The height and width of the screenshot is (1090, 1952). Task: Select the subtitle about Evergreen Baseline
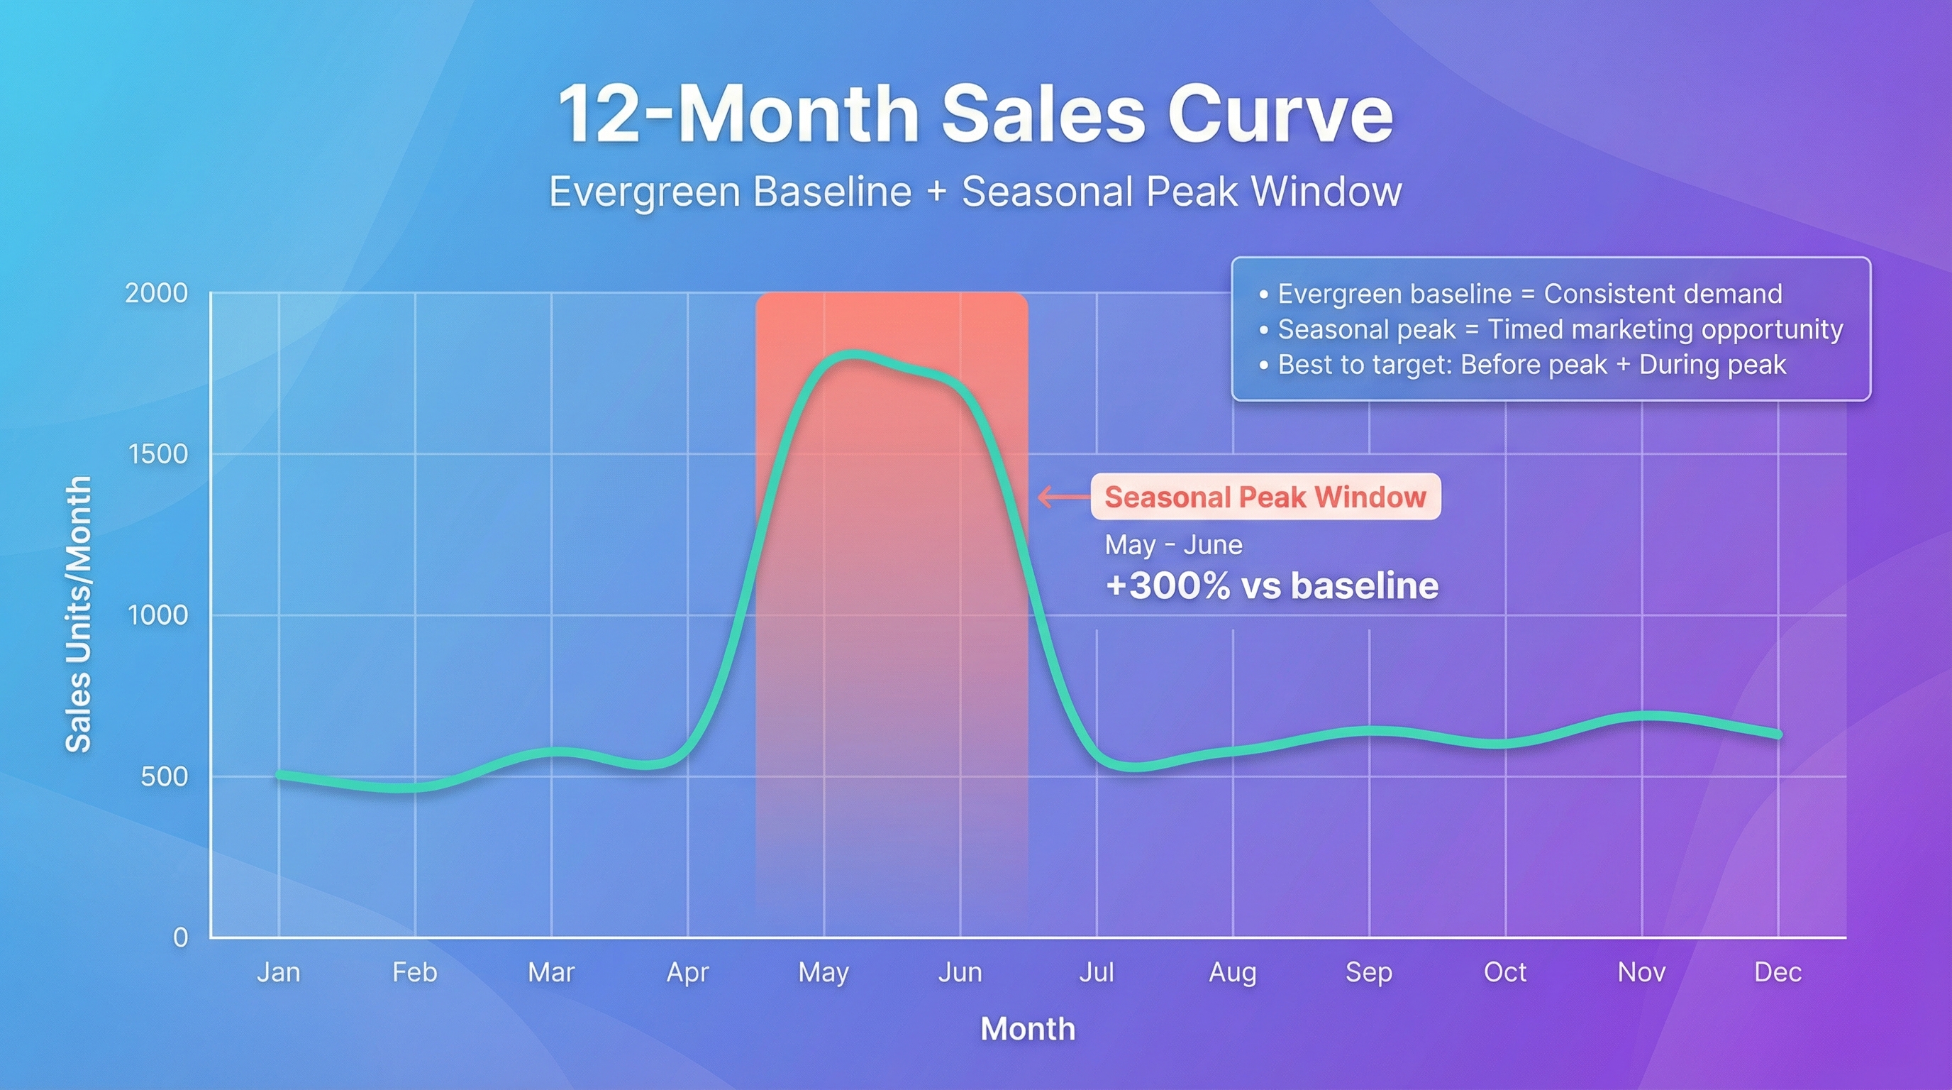pos(975,192)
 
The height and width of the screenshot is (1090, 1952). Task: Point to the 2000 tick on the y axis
pos(156,293)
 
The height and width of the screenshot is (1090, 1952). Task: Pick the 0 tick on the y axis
pos(180,937)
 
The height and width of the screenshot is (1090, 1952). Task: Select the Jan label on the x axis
pos(278,971)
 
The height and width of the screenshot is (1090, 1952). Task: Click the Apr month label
pos(687,971)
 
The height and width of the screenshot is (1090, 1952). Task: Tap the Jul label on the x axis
pos(1096,971)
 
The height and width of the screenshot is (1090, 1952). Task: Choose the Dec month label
pos(1778,971)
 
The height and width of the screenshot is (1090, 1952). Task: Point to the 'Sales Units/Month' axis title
pos(78,614)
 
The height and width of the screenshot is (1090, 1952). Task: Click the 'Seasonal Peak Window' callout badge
pos(1265,497)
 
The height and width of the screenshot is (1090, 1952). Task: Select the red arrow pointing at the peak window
pos(1063,497)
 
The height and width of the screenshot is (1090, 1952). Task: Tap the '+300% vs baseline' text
pos(1272,586)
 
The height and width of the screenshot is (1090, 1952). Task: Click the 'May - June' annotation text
pos(1173,545)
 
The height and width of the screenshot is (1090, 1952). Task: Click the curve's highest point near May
pos(853,355)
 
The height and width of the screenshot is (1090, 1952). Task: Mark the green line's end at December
pos(1778,734)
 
